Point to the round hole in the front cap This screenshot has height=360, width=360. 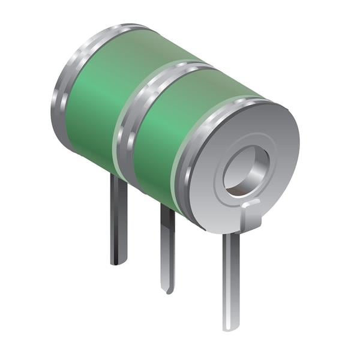click(x=246, y=171)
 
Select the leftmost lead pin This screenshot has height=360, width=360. click(x=118, y=222)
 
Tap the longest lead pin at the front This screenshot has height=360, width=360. click(x=231, y=276)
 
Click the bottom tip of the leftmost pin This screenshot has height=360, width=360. click(x=118, y=262)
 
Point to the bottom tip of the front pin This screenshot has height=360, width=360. click(x=230, y=327)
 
